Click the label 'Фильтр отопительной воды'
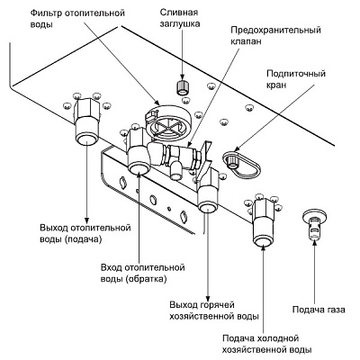click(x=77, y=18)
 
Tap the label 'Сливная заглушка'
click(x=180, y=18)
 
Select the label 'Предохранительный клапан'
click(x=275, y=35)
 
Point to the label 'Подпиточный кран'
click(x=296, y=79)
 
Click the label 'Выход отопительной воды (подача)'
click(x=85, y=233)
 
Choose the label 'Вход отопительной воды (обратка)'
click(x=142, y=273)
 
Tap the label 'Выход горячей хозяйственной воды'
click(x=214, y=310)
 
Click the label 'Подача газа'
click(x=319, y=310)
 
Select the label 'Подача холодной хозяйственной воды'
click(x=266, y=344)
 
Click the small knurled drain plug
click(x=181, y=87)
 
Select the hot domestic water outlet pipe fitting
click(x=208, y=196)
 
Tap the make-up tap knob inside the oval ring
click(x=232, y=161)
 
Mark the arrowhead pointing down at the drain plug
click(x=182, y=76)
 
